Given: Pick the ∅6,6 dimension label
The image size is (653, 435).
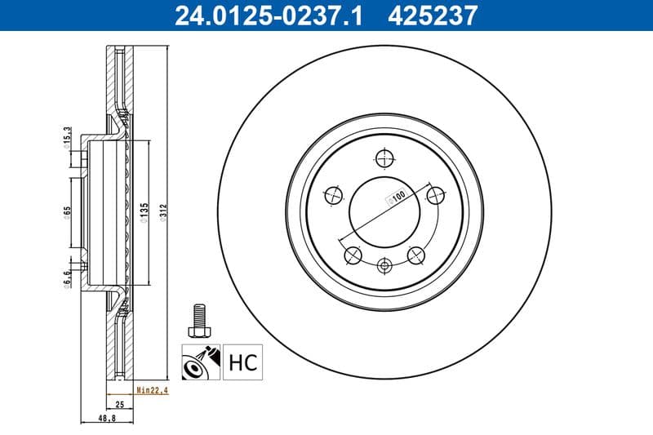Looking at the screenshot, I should click(x=67, y=277).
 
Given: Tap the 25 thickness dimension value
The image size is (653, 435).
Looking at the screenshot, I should click(x=118, y=404).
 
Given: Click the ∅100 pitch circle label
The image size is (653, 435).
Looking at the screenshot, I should click(x=397, y=197).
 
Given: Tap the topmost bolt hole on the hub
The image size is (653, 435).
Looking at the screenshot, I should click(x=384, y=158).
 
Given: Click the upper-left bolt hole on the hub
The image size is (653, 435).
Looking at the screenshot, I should click(x=333, y=195).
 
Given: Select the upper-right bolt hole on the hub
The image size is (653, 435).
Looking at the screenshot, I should click(x=436, y=195).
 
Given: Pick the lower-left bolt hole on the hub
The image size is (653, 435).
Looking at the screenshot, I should click(x=353, y=255).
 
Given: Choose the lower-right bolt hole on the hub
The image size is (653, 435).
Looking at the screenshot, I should click(x=416, y=255).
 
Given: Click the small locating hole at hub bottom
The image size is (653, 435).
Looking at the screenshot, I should click(x=384, y=264).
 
